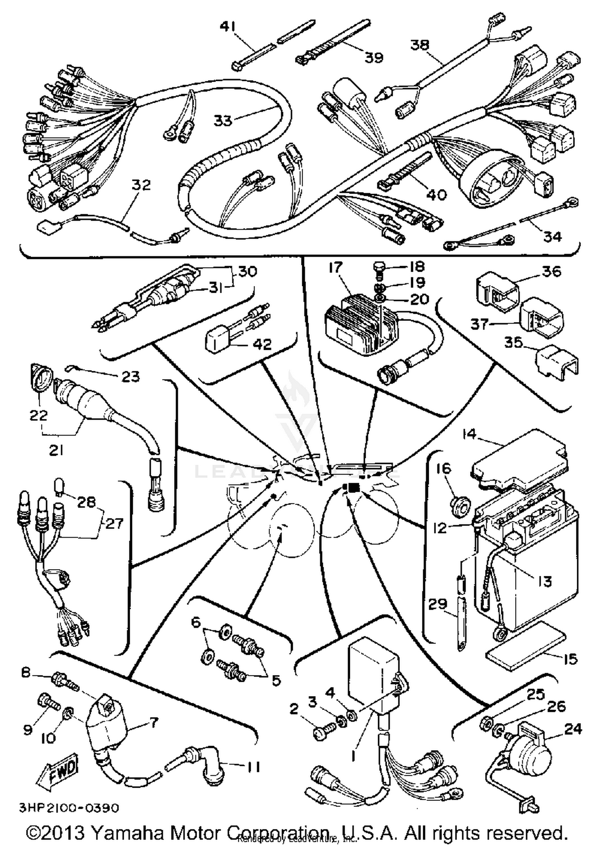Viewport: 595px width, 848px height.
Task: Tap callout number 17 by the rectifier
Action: click(335, 268)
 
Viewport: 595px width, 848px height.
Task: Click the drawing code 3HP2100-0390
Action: click(69, 808)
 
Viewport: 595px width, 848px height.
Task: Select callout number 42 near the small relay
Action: click(261, 344)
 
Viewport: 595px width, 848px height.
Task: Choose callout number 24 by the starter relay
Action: click(574, 729)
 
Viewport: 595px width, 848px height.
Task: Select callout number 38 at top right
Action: click(420, 45)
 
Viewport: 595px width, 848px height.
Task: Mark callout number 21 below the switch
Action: click(56, 450)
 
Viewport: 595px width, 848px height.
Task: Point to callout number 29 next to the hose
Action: click(437, 604)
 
